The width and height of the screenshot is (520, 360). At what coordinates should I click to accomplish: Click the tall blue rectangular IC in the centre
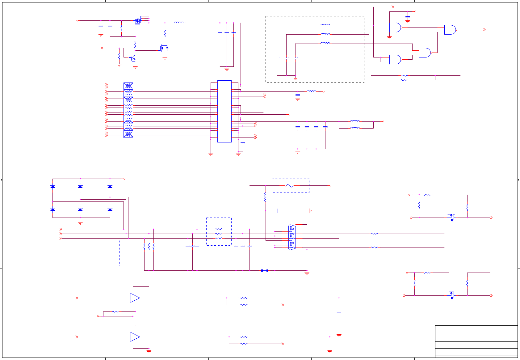coord(224,111)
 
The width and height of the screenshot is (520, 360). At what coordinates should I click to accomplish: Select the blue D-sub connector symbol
coord(292,237)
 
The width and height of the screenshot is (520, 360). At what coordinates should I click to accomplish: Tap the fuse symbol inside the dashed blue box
coord(290,185)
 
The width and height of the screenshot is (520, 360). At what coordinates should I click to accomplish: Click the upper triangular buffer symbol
coord(135,298)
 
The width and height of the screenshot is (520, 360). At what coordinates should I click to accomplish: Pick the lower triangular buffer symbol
coord(135,337)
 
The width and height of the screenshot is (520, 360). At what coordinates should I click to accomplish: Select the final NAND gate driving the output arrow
coord(450,30)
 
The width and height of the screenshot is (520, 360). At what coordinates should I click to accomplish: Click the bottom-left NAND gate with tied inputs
coord(395,59)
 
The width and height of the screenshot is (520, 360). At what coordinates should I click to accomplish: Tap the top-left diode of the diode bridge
coord(53,187)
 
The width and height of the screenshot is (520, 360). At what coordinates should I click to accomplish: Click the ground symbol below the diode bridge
coord(80,222)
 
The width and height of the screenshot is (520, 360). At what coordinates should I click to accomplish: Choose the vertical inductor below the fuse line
coord(265,197)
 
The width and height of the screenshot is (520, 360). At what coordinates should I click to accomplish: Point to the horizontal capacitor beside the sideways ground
coord(279,211)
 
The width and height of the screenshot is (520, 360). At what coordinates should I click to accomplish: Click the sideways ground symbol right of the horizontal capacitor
coord(310,211)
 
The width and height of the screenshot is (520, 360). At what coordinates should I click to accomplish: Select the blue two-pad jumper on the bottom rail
coord(265,270)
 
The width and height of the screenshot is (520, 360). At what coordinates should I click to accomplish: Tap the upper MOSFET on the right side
coord(451,217)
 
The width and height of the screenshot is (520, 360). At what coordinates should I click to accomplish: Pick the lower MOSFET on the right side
coord(451,295)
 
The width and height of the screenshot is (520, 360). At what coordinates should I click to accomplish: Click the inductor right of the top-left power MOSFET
coord(179,23)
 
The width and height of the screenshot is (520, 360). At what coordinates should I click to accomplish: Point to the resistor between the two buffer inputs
coord(115,311)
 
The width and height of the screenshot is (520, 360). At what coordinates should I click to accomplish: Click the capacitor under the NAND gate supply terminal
coord(408,18)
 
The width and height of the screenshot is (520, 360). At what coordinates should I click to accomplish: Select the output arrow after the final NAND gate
coord(484,30)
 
